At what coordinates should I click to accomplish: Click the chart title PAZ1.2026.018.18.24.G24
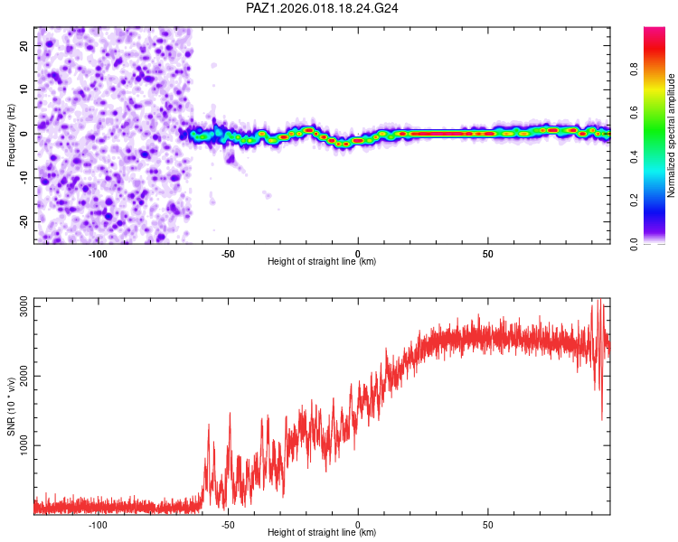click(x=323, y=8)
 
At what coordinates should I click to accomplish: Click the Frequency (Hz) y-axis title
click(x=11, y=135)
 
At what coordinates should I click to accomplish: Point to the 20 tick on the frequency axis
click(x=24, y=45)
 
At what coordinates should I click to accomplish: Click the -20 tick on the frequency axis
click(x=22, y=221)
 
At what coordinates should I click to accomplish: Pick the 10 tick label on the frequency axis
click(x=24, y=89)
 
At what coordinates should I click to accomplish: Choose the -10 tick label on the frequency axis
click(x=22, y=177)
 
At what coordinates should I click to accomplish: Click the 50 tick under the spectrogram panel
click(x=487, y=253)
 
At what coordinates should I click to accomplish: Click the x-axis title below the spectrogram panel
click(x=322, y=262)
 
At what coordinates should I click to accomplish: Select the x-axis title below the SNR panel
click(x=322, y=533)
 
